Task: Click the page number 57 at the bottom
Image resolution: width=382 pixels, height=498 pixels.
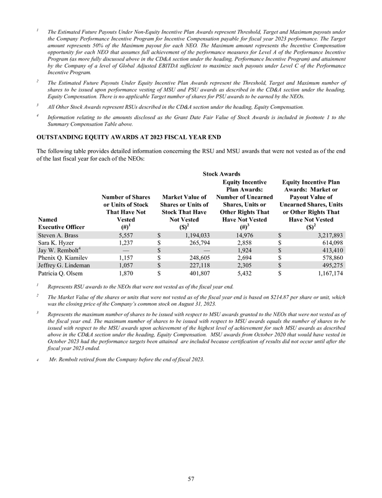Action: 191,479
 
